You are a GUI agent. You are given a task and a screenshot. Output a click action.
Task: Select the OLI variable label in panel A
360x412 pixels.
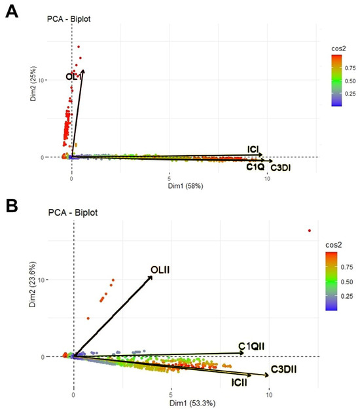tap(72, 77)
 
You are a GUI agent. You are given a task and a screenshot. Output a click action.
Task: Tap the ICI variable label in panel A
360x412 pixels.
tap(255, 150)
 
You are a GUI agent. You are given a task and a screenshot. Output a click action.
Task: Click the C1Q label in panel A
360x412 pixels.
tap(255, 167)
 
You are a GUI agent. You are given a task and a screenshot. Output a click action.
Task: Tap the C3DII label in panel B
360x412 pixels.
tap(284, 369)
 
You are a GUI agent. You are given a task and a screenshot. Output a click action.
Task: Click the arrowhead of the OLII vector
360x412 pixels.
tap(151, 277)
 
